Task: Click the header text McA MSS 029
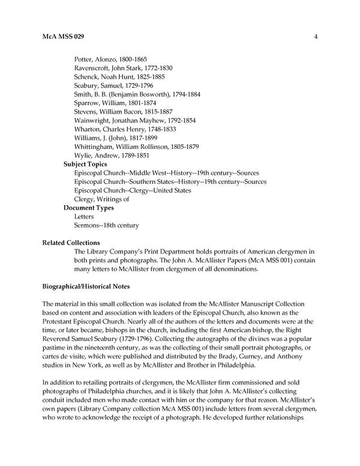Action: point(63,37)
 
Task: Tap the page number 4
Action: point(316,37)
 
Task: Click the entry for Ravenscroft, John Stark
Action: point(122,68)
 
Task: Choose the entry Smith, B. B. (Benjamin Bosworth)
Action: point(137,94)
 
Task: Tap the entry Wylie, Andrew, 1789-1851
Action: point(112,156)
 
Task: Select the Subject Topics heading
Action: point(86,164)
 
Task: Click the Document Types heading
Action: point(89,208)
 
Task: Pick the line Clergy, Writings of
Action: point(101,199)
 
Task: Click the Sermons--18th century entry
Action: point(106,225)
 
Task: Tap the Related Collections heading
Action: point(70,243)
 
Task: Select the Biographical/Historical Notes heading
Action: point(90,286)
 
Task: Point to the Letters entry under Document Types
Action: point(84,216)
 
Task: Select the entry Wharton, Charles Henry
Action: point(125,129)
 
